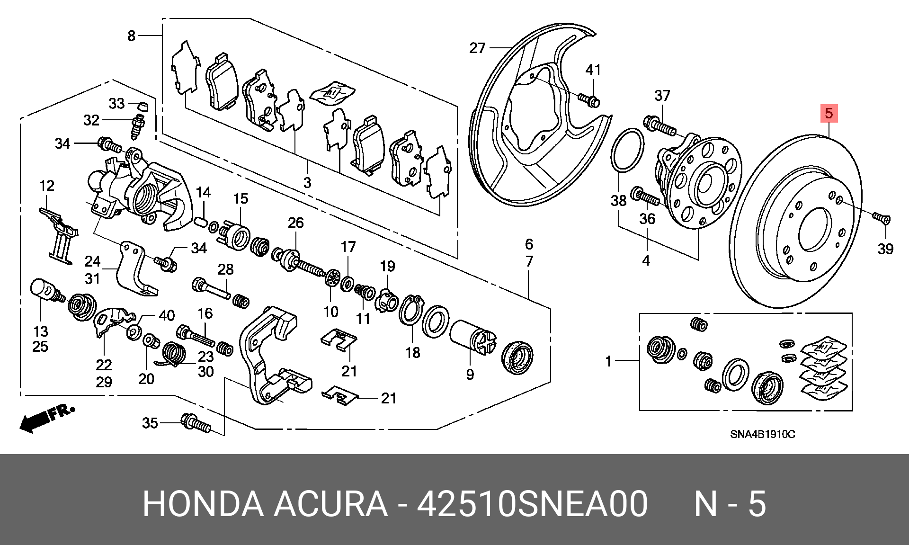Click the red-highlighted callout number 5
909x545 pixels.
coord(829,113)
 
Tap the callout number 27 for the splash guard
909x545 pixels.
coord(477,47)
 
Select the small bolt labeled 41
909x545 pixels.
coord(589,99)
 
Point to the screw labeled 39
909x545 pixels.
coord(881,218)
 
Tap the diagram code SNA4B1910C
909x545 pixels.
coord(762,434)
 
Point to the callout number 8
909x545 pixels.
coord(132,36)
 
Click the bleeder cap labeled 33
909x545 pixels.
coord(142,105)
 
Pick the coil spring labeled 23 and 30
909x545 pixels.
coord(174,355)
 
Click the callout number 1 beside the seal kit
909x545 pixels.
coord(608,361)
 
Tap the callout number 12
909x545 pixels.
coord(47,186)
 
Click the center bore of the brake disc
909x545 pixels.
coord(814,230)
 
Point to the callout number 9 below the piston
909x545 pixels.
coord(470,374)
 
